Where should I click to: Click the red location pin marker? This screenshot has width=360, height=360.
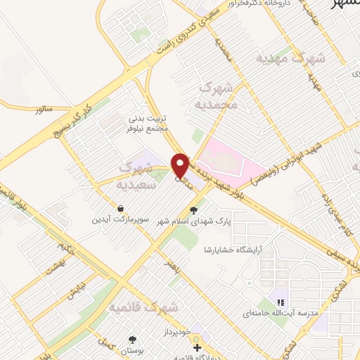(x=180, y=165)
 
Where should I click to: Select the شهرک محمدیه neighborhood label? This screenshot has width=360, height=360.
(x=220, y=96)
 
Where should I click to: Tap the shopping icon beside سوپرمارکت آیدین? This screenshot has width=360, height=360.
(x=123, y=209)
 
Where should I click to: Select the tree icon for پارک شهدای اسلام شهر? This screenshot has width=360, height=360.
(x=195, y=210)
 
